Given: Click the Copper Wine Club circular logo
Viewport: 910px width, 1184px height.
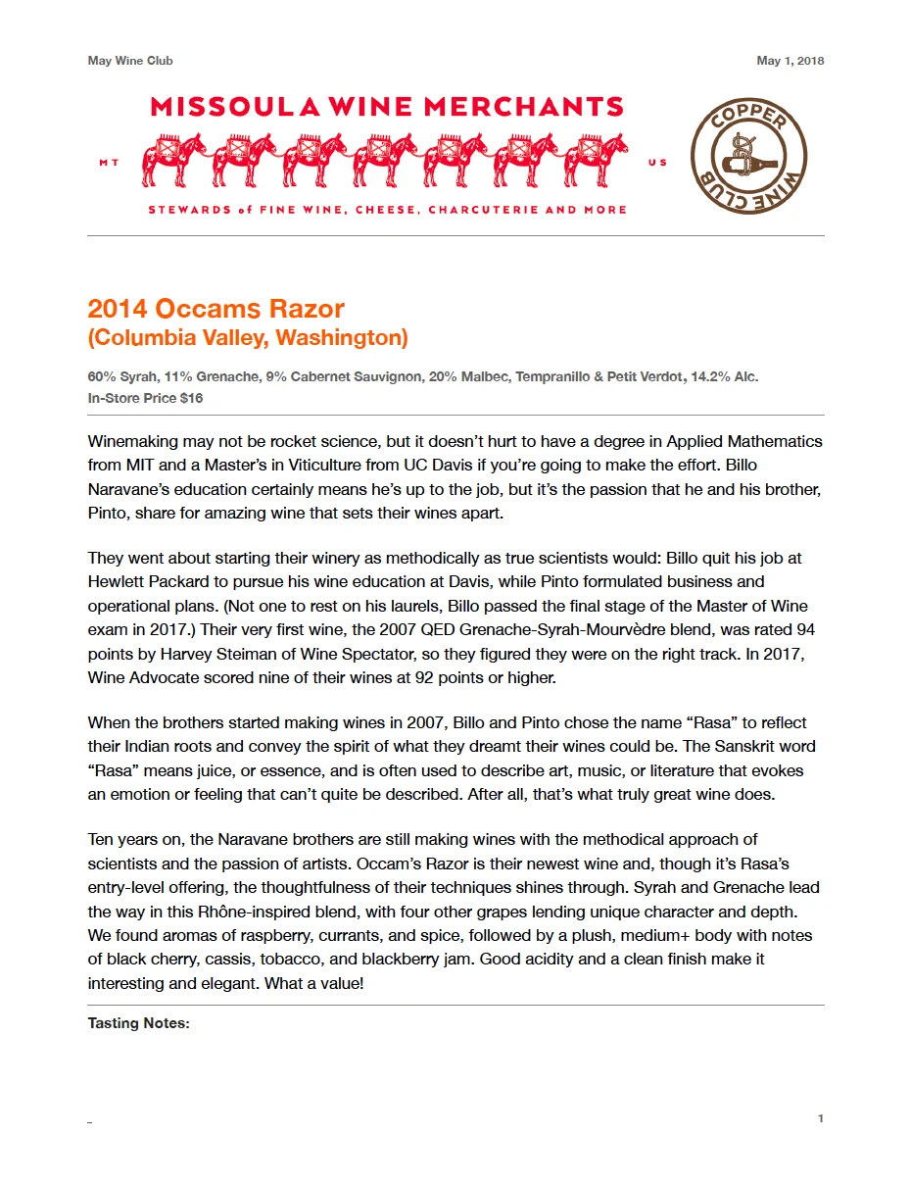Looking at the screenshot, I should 749,156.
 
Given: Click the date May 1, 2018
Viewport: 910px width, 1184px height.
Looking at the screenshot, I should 790,61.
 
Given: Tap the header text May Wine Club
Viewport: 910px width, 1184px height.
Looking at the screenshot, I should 130,61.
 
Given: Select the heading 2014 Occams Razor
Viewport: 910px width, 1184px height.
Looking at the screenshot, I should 216,309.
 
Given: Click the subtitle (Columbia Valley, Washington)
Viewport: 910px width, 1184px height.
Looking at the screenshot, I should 247,338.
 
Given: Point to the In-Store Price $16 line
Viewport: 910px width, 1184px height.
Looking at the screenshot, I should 145,398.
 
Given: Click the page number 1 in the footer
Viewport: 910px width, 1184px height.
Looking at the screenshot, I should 821,1118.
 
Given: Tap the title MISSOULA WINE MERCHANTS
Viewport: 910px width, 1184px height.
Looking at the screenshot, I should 387,107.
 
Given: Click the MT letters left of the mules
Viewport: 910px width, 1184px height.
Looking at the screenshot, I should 109,163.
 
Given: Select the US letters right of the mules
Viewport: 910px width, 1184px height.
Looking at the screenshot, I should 657,163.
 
